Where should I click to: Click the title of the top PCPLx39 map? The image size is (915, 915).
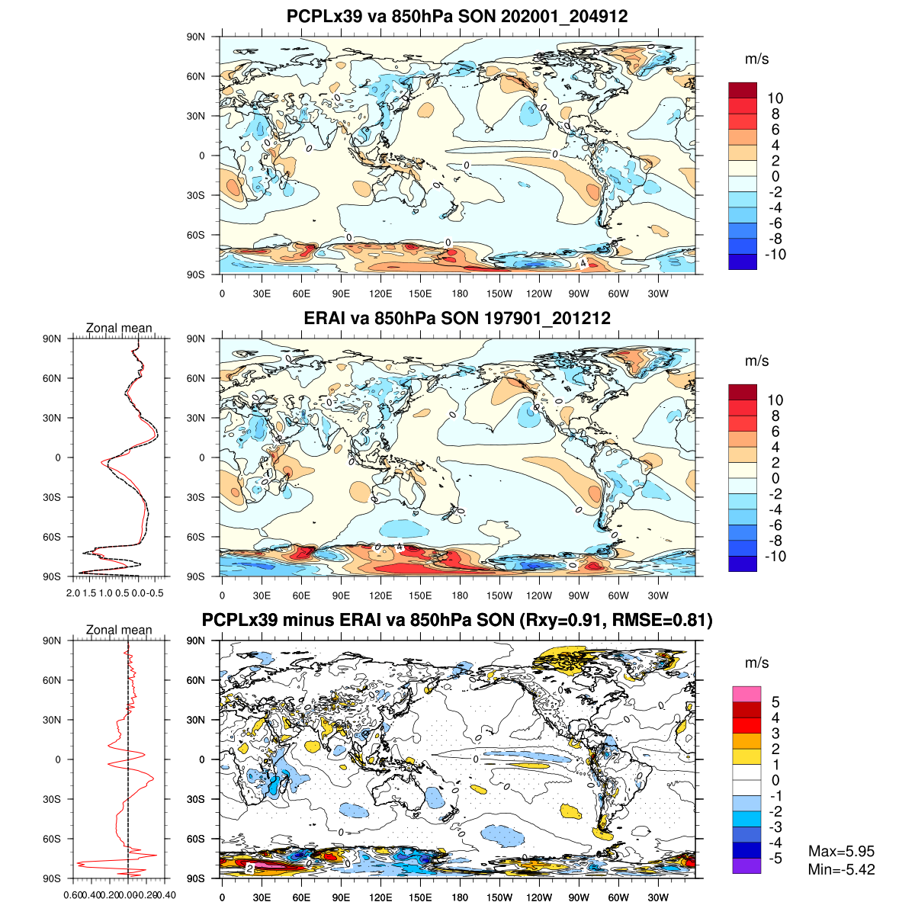[x=457, y=16]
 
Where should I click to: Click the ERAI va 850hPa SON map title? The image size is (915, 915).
[x=457, y=318]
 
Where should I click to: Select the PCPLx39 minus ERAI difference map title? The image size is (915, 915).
[x=457, y=621]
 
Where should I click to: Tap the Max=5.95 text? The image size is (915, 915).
[x=841, y=852]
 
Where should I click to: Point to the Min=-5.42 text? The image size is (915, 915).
[x=841, y=869]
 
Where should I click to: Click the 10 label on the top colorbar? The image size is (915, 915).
[x=775, y=98]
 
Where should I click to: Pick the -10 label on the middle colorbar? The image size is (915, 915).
[x=775, y=557]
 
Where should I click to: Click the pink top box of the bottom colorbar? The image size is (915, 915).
[x=746, y=694]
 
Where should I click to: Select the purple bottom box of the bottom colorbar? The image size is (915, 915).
[x=746, y=866]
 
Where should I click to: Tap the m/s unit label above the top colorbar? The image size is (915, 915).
[x=756, y=59]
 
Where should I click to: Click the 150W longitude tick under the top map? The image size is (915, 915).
[x=499, y=294]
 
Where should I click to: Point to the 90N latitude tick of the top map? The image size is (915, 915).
[x=196, y=37]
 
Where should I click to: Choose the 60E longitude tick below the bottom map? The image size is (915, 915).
[x=301, y=897]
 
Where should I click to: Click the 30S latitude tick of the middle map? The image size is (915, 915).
[x=196, y=497]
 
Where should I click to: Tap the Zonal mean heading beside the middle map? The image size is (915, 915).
[x=119, y=328]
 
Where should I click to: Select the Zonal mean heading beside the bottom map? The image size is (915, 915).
[x=119, y=630]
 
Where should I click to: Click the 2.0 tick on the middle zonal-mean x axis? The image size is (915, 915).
[x=73, y=592]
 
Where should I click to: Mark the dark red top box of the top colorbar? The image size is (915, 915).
[x=743, y=90]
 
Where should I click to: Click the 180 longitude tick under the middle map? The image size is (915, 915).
[x=460, y=596]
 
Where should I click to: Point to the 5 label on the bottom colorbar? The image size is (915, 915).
[x=775, y=702]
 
